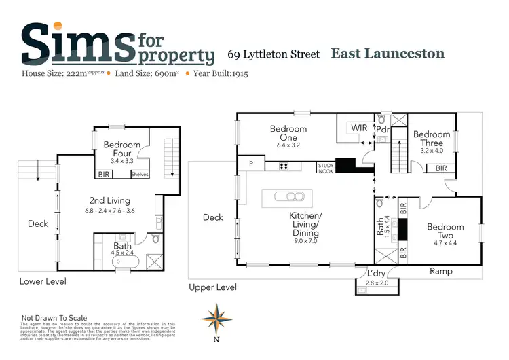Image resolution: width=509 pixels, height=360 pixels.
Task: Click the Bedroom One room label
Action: coord(288,129)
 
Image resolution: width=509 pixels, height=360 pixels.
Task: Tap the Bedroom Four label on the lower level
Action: coord(122,149)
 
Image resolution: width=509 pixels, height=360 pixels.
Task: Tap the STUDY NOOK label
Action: coord(326,166)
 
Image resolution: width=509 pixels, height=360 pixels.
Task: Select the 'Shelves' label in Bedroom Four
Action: coord(140,175)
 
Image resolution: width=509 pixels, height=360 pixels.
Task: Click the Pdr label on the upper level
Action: coord(382,129)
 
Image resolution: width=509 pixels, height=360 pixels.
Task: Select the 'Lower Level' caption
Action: coord(41,281)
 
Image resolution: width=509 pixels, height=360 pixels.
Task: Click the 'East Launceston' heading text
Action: coord(388,53)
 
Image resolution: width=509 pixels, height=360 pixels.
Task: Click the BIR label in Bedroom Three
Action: coord(441,168)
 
